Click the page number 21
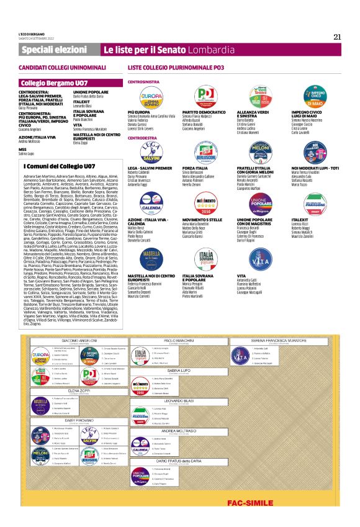pos(337,36)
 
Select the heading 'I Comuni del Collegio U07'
pos(60,166)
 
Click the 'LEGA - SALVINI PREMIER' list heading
pos(150,168)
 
